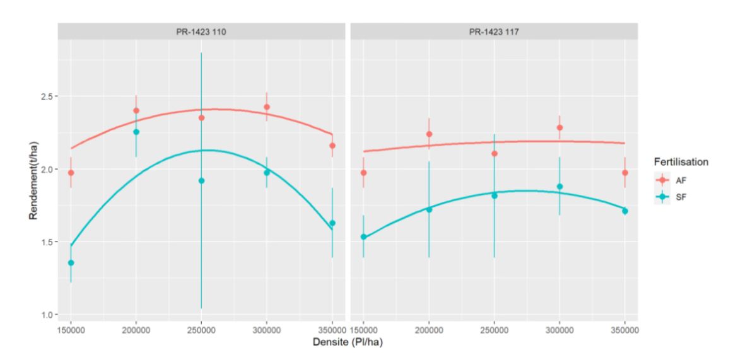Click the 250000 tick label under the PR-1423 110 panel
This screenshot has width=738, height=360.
coord(201,329)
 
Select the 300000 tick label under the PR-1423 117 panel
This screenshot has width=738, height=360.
coord(559,329)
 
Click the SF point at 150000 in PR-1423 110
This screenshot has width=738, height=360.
coord(71,263)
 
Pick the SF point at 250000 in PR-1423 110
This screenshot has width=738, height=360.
coord(201,181)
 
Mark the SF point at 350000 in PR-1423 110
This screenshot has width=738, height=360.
coord(332,223)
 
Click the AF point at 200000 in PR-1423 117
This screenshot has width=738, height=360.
coord(429,134)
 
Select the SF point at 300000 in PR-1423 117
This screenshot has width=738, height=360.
coord(559,187)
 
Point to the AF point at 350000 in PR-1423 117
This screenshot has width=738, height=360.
coord(625,173)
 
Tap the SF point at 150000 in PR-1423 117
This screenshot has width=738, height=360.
coord(363,237)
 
